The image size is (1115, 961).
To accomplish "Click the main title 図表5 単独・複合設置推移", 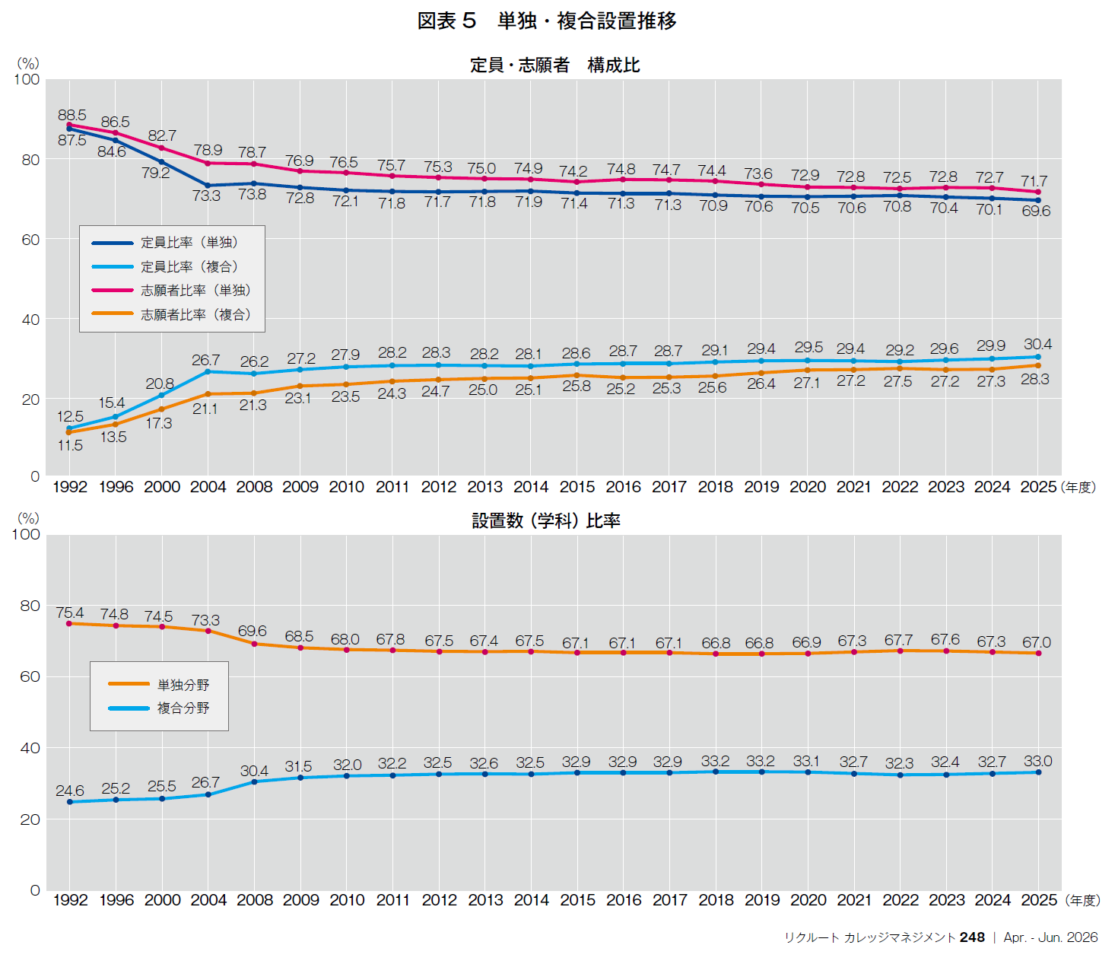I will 547,21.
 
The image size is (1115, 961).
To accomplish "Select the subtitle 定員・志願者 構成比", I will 554,65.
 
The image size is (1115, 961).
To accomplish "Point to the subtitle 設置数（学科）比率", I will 546,521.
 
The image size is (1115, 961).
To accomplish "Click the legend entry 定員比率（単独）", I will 189,243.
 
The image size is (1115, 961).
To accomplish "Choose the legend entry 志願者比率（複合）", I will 195,314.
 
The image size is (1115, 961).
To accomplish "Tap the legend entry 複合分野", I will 183,708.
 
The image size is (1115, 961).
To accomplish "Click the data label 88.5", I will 72,116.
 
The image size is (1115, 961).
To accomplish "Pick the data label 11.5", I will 70,446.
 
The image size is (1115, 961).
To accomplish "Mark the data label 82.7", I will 162,136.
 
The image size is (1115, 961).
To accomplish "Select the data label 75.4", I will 70,613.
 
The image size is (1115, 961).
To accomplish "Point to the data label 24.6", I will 70,791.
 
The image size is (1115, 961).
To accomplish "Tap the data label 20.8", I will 160,384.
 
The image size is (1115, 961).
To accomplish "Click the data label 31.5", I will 298,767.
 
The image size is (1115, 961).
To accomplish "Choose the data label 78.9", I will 208,151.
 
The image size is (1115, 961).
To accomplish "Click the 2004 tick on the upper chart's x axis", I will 208,487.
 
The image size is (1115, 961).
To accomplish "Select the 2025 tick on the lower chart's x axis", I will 1038,900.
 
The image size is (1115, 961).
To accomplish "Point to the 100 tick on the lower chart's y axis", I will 27,534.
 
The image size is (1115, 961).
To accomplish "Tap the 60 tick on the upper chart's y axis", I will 30,240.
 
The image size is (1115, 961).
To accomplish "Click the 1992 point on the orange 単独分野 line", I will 69,624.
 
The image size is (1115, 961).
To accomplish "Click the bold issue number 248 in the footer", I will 972,937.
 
